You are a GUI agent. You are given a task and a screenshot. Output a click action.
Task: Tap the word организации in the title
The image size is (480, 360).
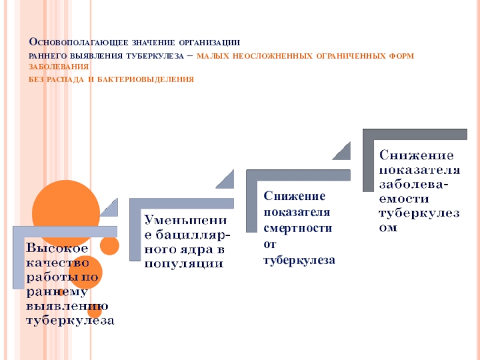[211, 43]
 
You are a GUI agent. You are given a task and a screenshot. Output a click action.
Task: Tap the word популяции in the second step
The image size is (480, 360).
[183, 263]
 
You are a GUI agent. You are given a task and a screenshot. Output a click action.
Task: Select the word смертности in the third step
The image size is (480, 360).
[297, 228]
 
